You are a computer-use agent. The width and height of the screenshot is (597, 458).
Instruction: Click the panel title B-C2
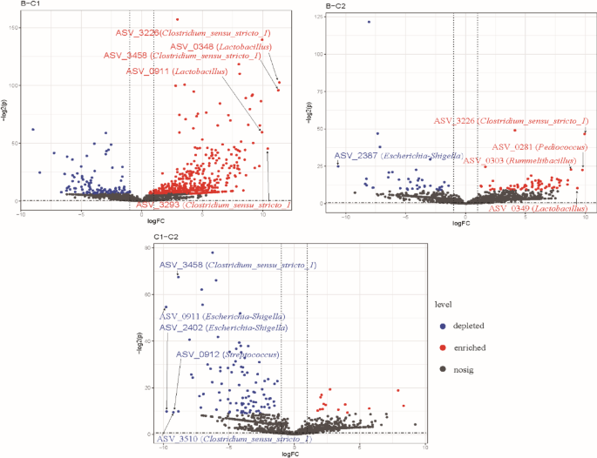pos(334,7)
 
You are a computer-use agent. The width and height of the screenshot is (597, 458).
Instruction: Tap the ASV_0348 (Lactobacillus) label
pos(220,45)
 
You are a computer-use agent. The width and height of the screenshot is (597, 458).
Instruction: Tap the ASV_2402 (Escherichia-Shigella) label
pos(223,327)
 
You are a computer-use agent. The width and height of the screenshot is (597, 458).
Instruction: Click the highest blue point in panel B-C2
pos(369,22)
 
